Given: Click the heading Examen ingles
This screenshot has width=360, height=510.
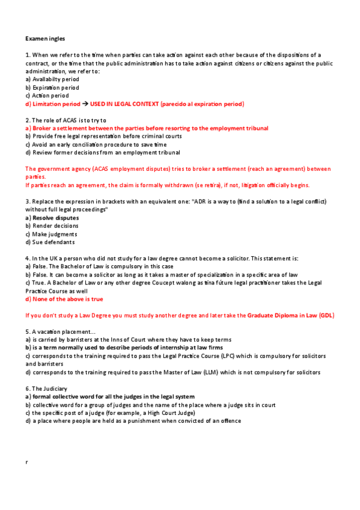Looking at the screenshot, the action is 43,38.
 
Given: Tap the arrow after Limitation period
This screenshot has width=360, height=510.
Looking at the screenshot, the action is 85,104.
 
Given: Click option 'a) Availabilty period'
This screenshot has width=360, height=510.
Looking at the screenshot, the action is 52,79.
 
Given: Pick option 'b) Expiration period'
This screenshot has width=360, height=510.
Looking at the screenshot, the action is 52,87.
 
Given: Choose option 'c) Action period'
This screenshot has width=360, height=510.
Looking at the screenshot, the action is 47,96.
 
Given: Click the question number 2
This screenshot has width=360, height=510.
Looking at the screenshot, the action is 28,120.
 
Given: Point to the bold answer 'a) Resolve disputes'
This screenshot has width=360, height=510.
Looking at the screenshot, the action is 52,218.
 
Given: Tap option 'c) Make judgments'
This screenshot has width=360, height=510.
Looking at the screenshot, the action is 51,234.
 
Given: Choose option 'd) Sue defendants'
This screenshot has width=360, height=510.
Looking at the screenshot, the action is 50,242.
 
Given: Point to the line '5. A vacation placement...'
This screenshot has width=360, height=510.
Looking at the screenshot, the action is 59,331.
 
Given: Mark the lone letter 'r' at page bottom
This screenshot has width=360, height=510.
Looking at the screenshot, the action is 27,462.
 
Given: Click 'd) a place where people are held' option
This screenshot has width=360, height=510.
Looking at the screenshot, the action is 133,421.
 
